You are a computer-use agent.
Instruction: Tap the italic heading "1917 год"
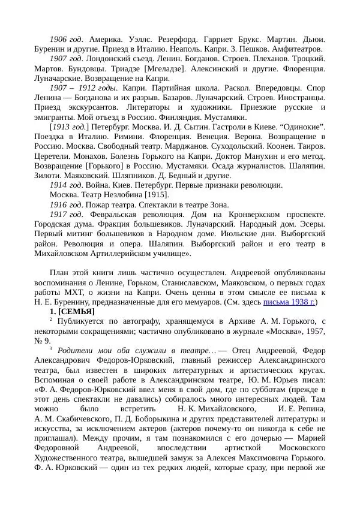[66, 214]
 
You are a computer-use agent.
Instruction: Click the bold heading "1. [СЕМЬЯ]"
[72, 312]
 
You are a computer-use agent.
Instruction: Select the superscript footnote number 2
[51, 320]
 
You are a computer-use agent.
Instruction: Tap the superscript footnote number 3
[51, 349]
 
